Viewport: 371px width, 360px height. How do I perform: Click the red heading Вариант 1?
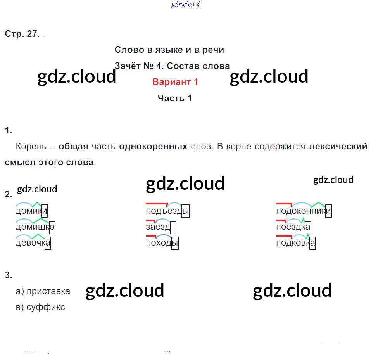[175, 82]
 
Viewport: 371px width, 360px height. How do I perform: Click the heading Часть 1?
[174, 98]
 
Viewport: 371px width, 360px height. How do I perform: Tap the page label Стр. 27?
[22, 34]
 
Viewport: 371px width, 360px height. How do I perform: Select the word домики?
[31, 211]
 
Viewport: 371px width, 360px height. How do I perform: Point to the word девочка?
[33, 243]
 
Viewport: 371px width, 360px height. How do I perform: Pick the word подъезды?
[167, 211]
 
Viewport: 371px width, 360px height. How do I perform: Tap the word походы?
[162, 243]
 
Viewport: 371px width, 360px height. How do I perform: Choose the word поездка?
[293, 227]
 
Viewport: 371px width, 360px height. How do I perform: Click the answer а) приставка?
[43, 291]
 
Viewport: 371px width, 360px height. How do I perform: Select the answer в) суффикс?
[40, 307]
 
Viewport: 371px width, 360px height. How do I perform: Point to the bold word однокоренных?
[154, 147]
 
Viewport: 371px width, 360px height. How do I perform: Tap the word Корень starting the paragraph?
[30, 147]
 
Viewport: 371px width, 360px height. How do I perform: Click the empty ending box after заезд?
[173, 227]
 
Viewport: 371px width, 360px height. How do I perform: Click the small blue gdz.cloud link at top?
[185, 5]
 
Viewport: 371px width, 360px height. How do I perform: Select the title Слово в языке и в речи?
[169, 50]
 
